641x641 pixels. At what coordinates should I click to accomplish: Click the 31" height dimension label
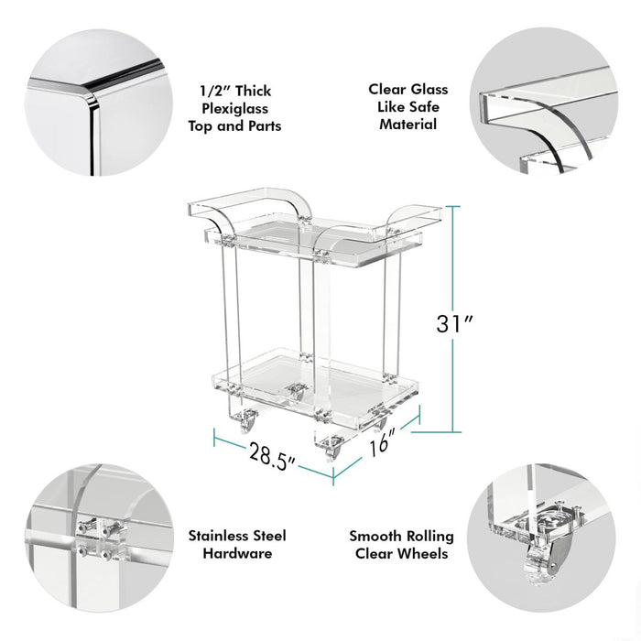coord(454,324)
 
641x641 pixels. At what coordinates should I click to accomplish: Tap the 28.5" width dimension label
coord(273,455)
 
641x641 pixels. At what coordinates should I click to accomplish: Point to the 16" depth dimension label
coord(383,441)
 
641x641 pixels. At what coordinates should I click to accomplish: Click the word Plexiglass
coord(234,108)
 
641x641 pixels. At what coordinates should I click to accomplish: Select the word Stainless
coord(218,536)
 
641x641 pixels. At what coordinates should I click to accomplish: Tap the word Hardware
coord(237,553)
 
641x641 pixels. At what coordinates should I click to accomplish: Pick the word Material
coord(408,125)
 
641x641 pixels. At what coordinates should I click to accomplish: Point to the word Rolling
coord(429,537)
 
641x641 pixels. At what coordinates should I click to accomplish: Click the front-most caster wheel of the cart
coord(331,450)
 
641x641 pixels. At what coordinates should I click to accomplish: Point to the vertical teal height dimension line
coord(453,319)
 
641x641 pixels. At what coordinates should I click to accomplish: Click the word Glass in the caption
coord(428,89)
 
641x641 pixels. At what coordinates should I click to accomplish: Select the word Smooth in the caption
coord(375,536)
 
